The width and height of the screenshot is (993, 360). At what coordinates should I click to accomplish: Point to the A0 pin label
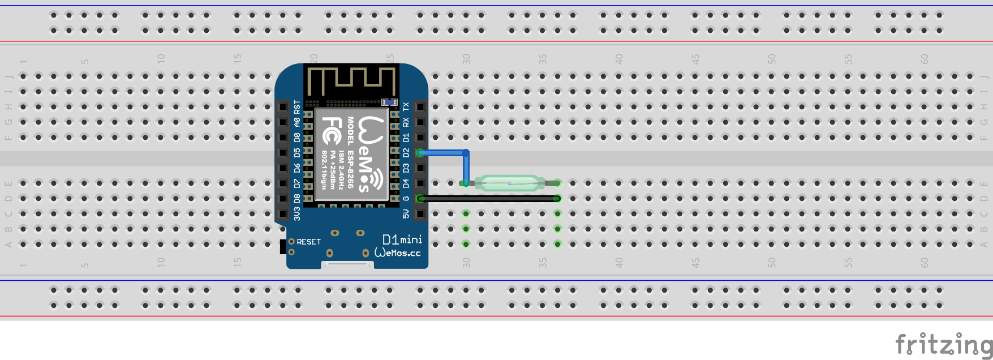(297, 121)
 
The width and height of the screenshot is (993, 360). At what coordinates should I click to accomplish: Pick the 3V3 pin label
(297, 213)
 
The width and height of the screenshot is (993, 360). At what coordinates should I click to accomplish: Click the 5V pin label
(406, 213)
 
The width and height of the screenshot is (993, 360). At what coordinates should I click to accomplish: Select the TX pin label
(406, 106)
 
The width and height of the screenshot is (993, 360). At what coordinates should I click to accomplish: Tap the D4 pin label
(406, 183)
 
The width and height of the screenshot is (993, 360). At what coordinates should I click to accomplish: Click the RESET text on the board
(308, 242)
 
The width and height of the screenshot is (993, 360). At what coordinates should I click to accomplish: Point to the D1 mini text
(402, 239)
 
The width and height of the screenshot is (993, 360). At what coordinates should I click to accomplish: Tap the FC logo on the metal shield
(332, 131)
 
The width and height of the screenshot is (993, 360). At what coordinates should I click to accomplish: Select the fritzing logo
(943, 345)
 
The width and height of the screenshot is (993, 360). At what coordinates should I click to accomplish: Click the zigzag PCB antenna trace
(351, 80)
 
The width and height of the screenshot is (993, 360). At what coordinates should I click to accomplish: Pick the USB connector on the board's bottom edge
(347, 265)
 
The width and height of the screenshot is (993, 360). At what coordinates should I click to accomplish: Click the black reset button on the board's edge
(283, 247)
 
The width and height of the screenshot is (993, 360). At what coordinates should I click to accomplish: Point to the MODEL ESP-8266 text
(351, 153)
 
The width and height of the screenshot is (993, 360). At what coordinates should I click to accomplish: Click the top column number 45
(695, 58)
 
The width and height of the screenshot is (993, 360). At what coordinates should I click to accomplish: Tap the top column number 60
(925, 58)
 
